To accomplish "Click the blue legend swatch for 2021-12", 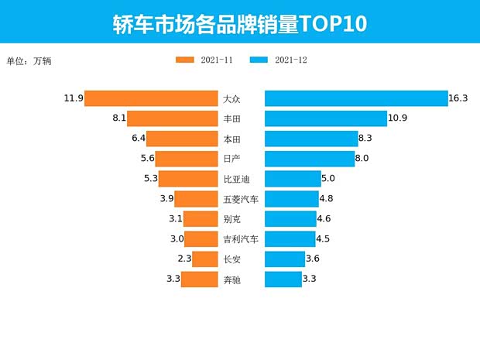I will pyautogui.click(x=259, y=60).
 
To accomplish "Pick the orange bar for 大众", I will pyautogui.click(x=151, y=98).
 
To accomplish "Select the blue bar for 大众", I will pyautogui.click(x=356, y=98).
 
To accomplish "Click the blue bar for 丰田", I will pyautogui.click(x=325, y=118).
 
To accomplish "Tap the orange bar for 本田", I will pyautogui.click(x=182, y=139).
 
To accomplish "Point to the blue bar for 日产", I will pyautogui.click(x=309, y=159).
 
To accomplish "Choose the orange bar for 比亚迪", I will pyautogui.click(x=188, y=179).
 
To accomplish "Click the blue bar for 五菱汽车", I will pyautogui.click(x=292, y=199).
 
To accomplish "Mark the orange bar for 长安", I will pyautogui.click(x=205, y=259).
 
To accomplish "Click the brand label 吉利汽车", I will pyautogui.click(x=241, y=239).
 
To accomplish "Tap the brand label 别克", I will pyautogui.click(x=231, y=219).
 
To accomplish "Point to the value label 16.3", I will pyautogui.click(x=459, y=98).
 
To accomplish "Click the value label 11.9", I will pyautogui.click(x=74, y=98).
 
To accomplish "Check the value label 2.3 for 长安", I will pyautogui.click(x=184, y=259).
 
